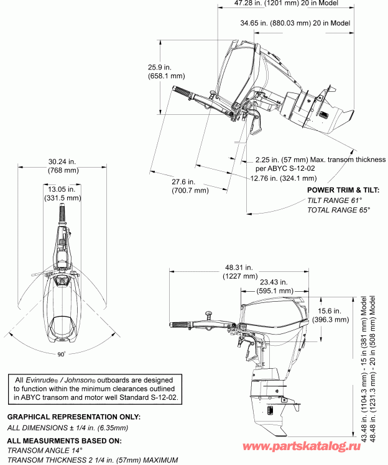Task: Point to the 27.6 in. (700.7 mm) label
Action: [190, 186]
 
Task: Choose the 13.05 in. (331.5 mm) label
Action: [62, 194]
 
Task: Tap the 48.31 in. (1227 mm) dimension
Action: [239, 272]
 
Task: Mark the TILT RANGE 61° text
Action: [334, 201]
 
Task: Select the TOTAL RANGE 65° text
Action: [338, 210]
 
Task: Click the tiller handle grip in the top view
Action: [62, 213]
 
